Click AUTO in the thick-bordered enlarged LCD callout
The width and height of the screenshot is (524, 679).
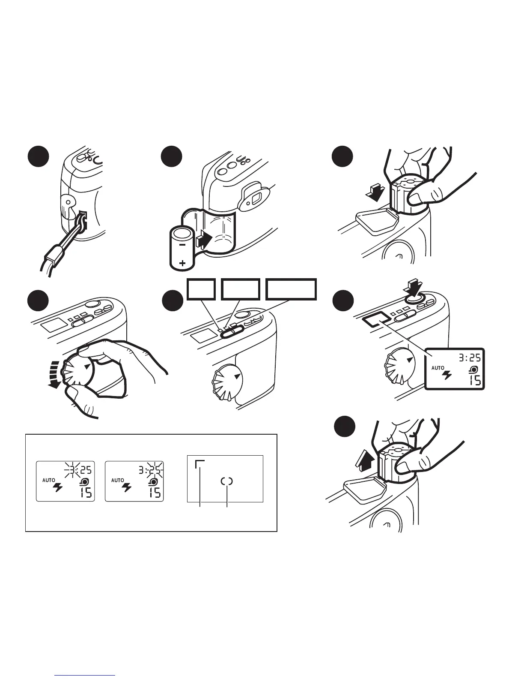(438, 368)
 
